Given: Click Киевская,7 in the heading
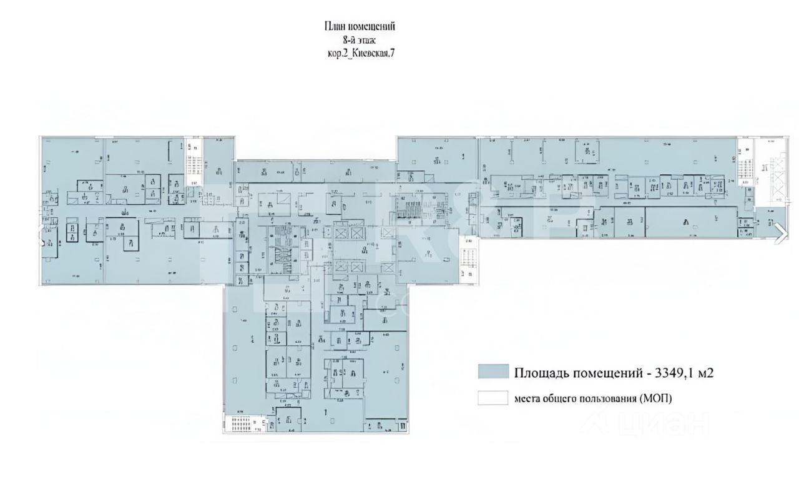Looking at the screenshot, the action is (x=373, y=54).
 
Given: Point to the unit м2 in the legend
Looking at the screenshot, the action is (x=705, y=373).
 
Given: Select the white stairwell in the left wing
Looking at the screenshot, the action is (x=194, y=163).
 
